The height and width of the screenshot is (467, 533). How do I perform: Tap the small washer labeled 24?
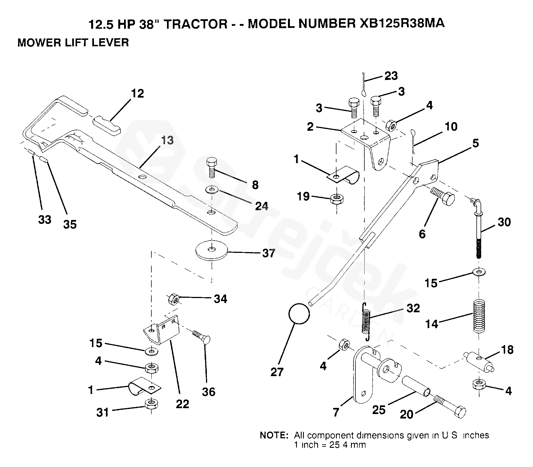coord(212,190)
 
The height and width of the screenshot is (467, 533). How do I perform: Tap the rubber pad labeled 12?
coord(107,126)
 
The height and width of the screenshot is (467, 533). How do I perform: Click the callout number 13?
coord(167,140)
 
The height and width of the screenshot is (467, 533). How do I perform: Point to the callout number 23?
coord(391,76)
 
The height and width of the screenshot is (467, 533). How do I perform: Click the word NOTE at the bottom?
coord(273,435)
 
